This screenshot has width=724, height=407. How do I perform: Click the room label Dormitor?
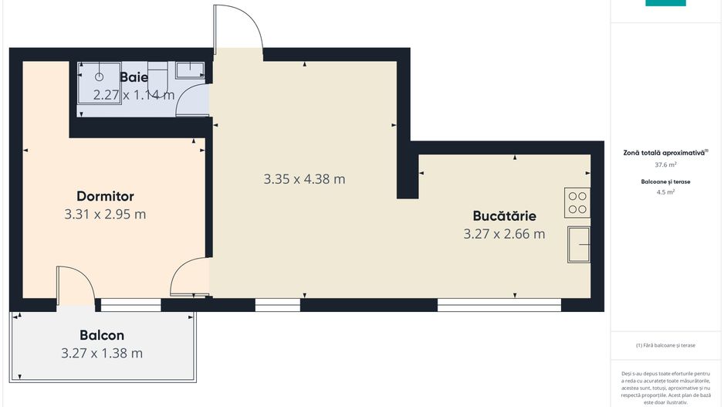click(105, 196)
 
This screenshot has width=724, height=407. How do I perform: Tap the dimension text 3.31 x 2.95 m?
click(105, 214)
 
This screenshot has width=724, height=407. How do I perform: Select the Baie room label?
click(134, 77)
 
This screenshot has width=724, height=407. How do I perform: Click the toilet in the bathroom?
click(157, 76)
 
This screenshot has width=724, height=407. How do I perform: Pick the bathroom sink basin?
click(189, 70)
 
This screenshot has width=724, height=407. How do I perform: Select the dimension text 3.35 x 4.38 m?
click(304, 179)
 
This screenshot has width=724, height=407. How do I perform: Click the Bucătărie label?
click(504, 215)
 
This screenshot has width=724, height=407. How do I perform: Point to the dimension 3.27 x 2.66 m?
click(504, 233)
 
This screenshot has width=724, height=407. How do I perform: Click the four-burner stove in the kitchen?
click(577, 202)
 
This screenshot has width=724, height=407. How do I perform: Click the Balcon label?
click(102, 335)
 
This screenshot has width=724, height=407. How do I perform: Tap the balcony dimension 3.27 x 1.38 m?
click(102, 353)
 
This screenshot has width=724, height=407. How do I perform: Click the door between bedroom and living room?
click(189, 278)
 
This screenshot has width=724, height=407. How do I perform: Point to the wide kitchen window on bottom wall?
click(499, 305)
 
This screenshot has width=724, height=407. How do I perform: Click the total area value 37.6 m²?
click(665, 164)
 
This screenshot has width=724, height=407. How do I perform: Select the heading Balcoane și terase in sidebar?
click(665, 181)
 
